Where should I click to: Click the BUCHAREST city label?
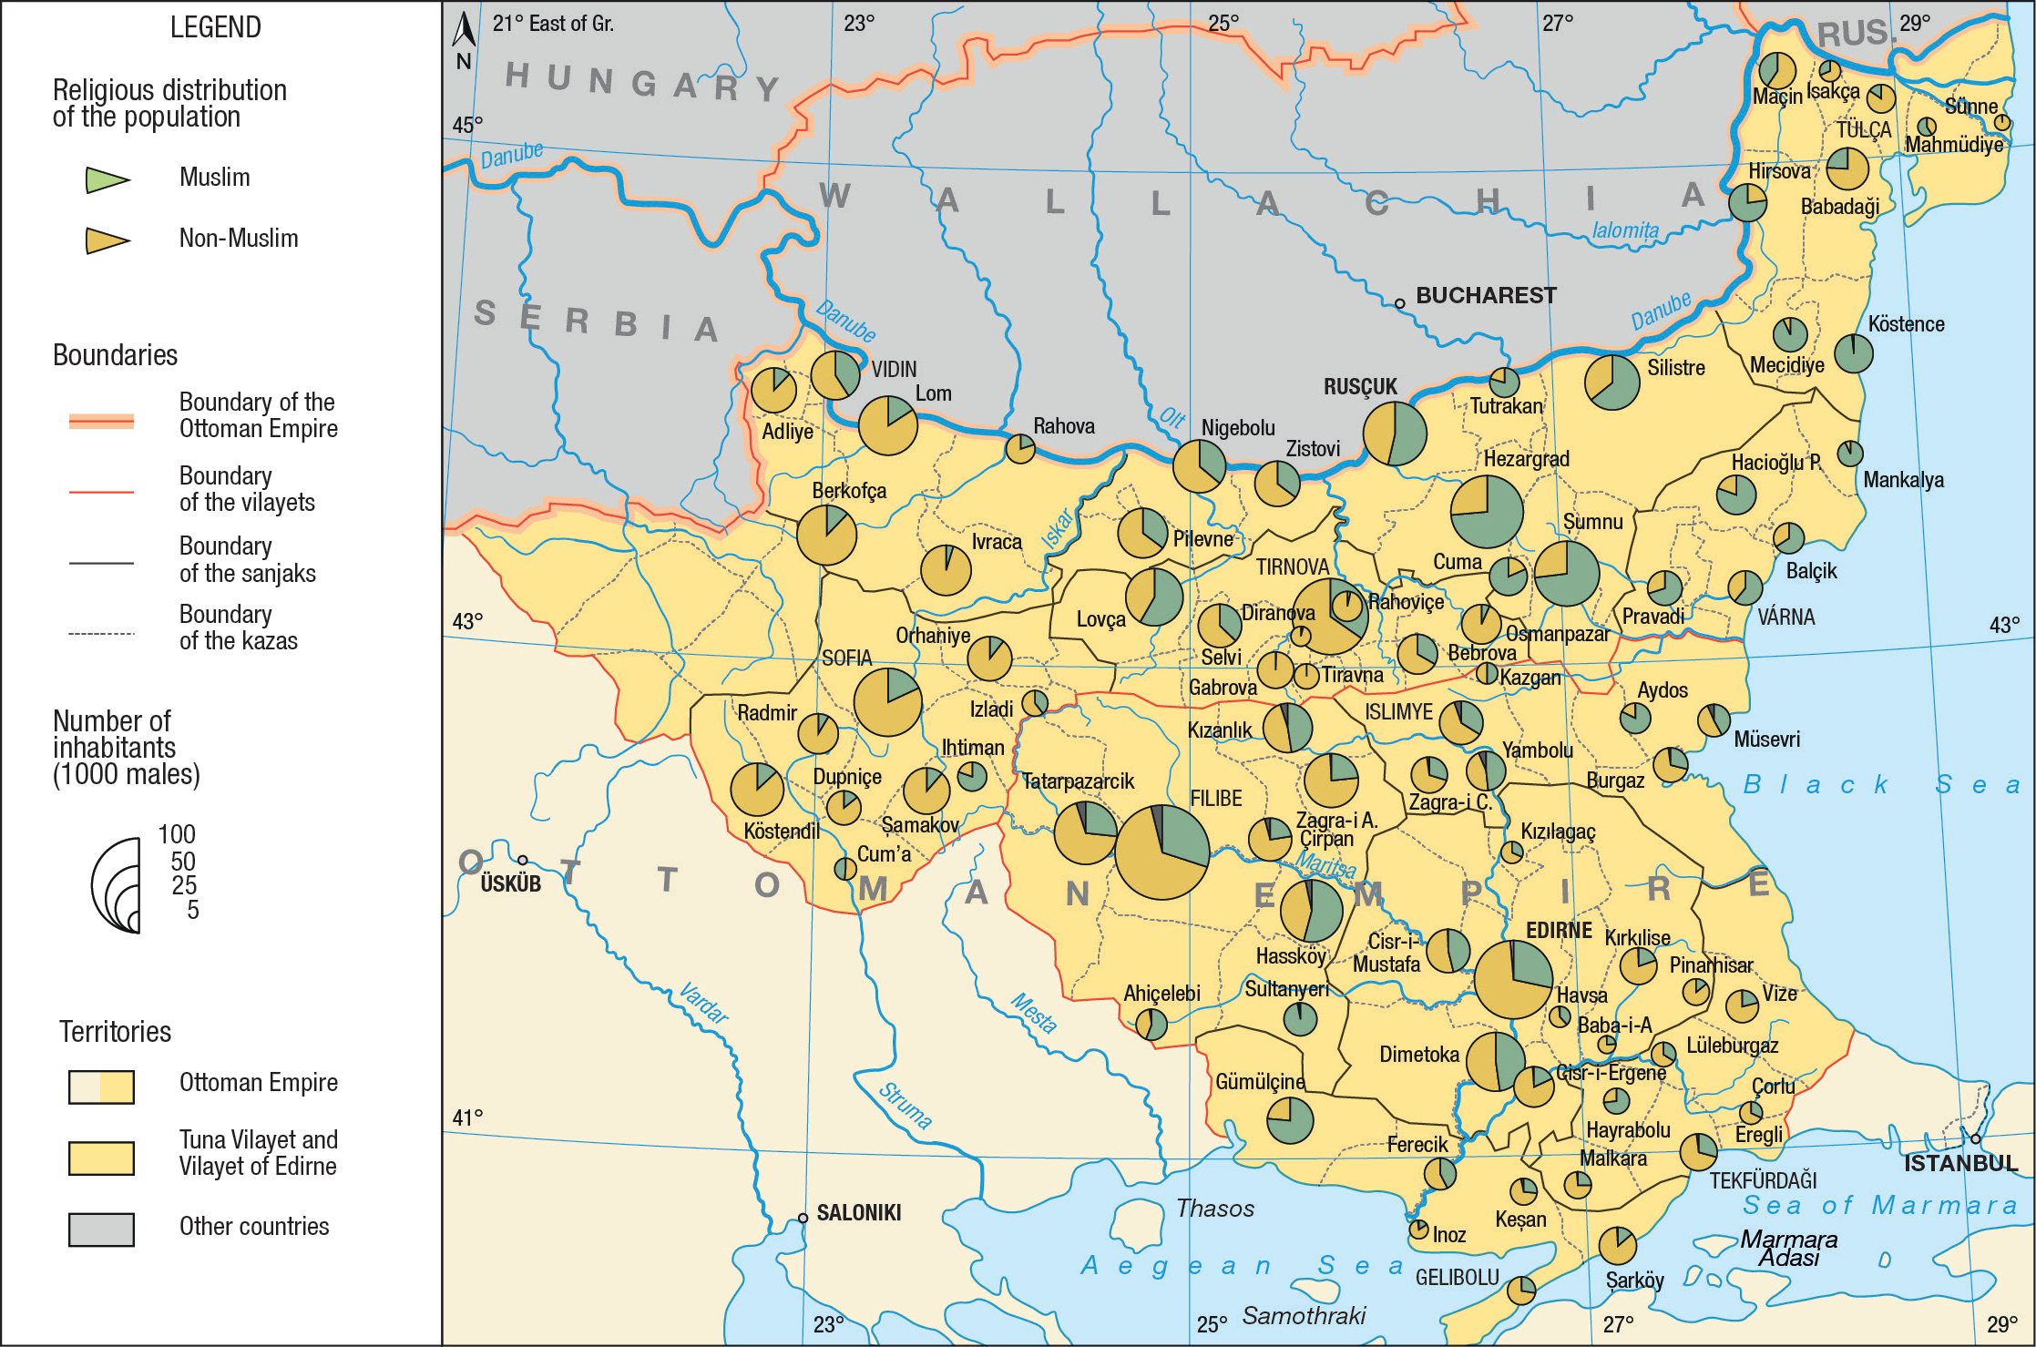(x=1485, y=295)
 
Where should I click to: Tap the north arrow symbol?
(x=465, y=31)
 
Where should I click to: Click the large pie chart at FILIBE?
(x=1161, y=852)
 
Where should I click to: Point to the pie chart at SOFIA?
(x=887, y=702)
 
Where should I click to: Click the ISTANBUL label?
(x=1960, y=1163)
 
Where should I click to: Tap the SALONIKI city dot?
(x=803, y=1218)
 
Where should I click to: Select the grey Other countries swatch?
(x=101, y=1229)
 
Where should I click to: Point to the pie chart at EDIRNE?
(x=1513, y=979)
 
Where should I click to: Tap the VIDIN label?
(x=894, y=369)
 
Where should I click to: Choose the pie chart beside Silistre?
(x=1611, y=382)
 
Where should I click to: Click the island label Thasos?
(x=1214, y=1208)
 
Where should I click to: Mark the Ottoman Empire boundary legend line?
(x=101, y=421)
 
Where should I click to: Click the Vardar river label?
(x=703, y=1003)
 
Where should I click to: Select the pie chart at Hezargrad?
(x=1486, y=511)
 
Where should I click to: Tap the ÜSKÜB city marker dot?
(x=523, y=860)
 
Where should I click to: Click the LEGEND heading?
(x=215, y=27)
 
